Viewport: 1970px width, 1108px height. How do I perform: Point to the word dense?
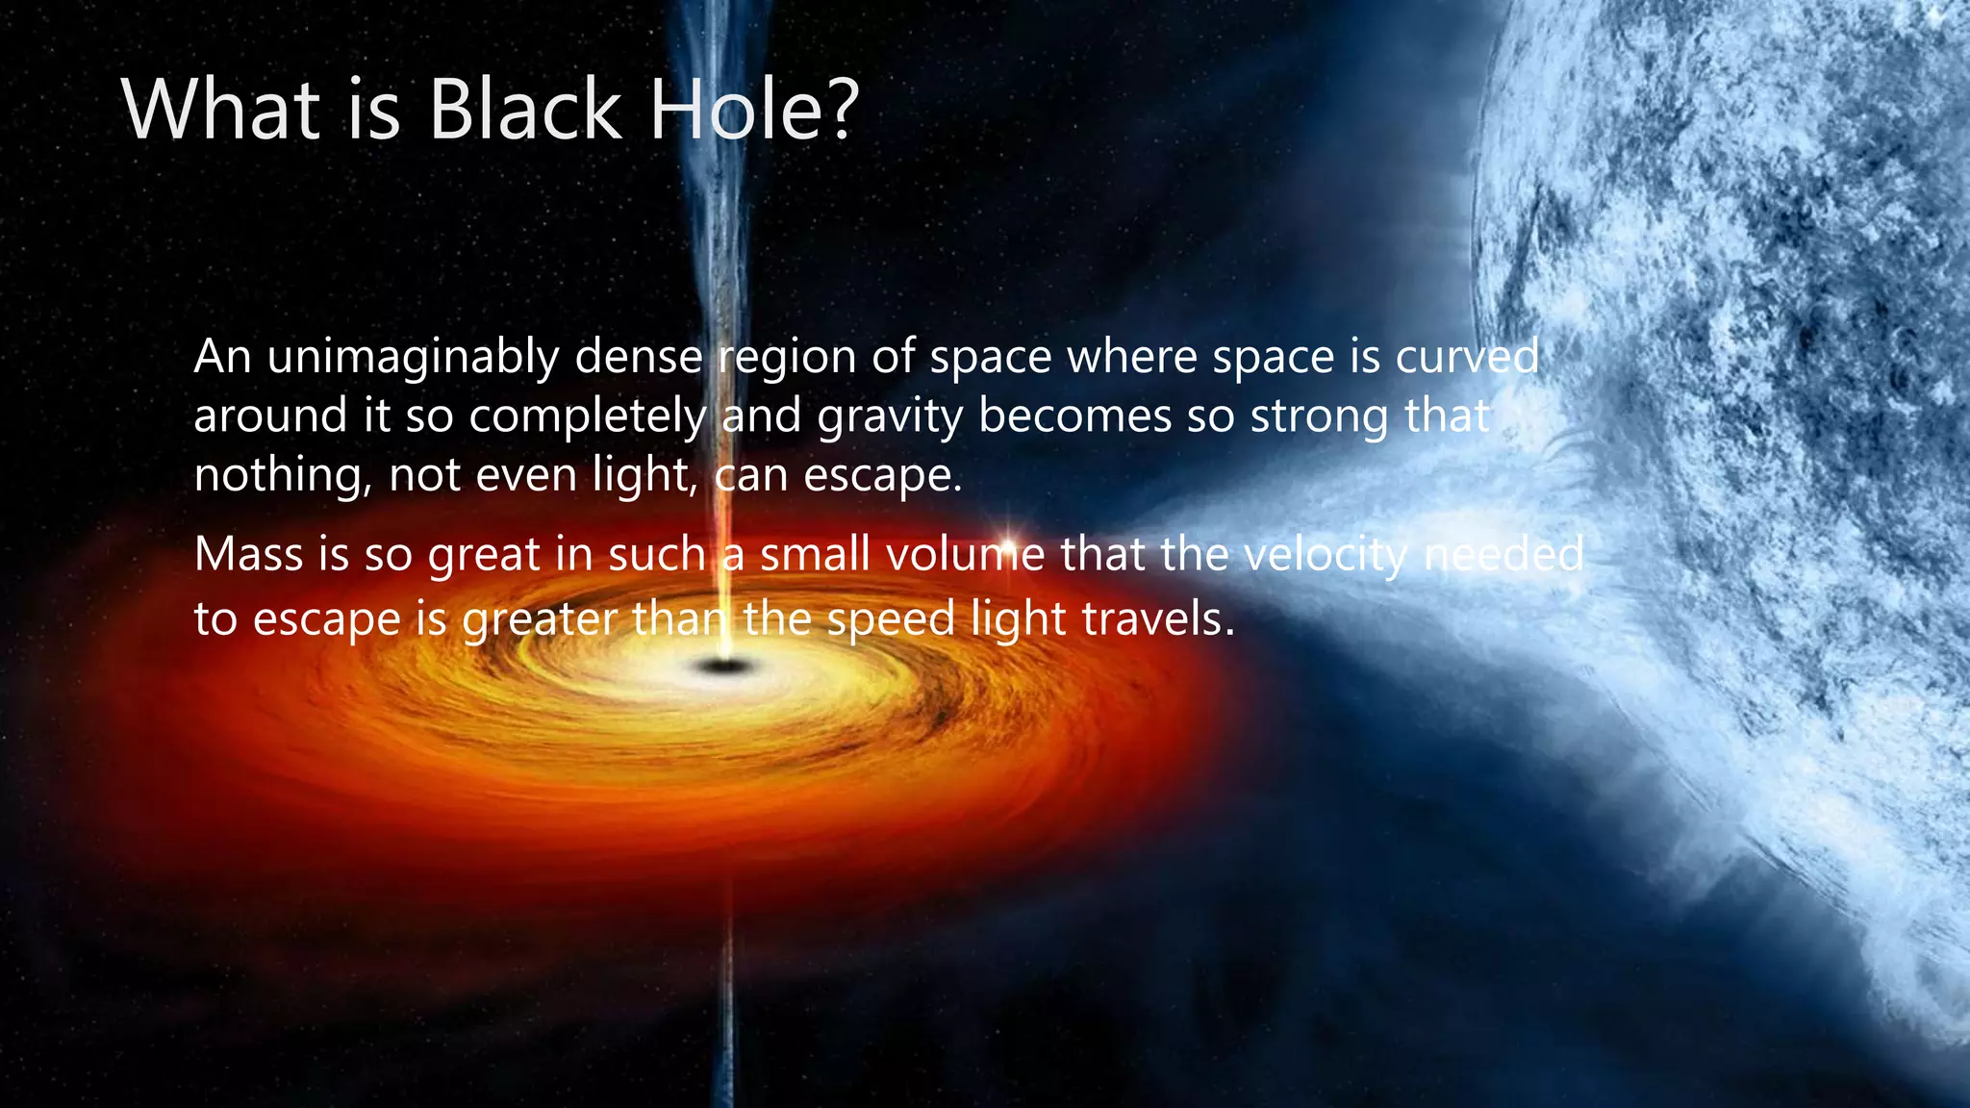[639, 358]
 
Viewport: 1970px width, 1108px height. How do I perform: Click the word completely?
[588, 416]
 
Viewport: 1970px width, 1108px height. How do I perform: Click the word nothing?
[283, 476]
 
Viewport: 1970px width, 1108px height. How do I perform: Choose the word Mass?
[248, 555]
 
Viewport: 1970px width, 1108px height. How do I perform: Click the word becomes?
[1074, 416]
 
